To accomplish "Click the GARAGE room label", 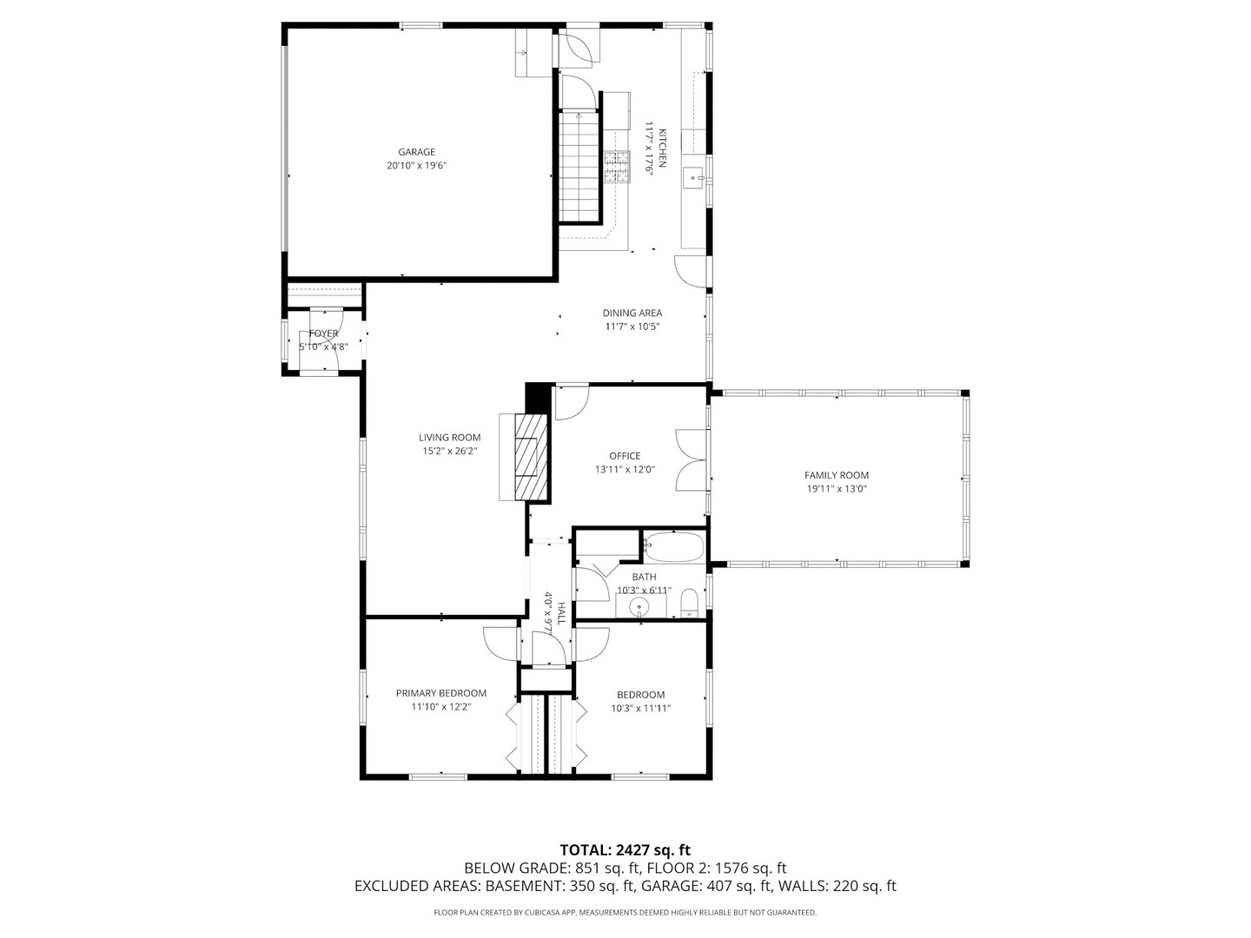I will (x=416, y=152).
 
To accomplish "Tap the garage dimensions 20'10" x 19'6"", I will (x=416, y=166).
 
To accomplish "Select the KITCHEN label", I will (x=662, y=149).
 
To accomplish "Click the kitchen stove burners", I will (x=617, y=167).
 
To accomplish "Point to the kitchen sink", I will (x=696, y=178).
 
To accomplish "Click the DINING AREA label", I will (x=632, y=313).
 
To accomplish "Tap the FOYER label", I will (x=323, y=334).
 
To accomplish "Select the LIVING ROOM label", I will (x=449, y=438).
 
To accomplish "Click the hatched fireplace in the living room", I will (x=531, y=457).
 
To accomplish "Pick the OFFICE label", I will (x=625, y=456).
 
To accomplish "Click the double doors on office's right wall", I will (x=692, y=459).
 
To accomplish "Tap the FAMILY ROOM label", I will (x=836, y=475).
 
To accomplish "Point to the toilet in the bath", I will (x=689, y=603).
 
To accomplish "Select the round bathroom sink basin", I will (x=640, y=606).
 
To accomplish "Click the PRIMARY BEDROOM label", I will (x=440, y=693).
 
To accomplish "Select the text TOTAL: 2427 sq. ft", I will (x=625, y=849).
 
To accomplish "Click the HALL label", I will (x=561, y=614).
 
